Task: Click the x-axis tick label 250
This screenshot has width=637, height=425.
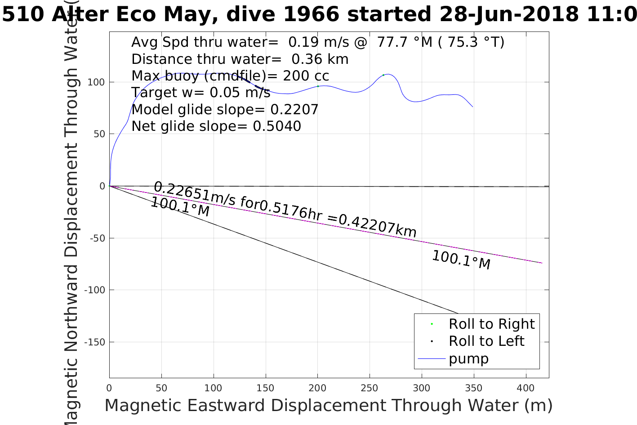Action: click(x=370, y=388)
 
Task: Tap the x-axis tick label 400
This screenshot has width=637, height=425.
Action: click(x=526, y=388)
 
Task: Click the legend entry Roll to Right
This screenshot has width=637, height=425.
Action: click(x=491, y=324)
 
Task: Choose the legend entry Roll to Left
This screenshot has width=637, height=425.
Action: click(x=486, y=341)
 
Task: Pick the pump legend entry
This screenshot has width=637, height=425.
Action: click(x=468, y=359)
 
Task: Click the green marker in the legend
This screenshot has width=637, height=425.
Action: click(x=432, y=324)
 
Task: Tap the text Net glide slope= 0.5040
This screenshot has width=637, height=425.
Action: click(x=216, y=126)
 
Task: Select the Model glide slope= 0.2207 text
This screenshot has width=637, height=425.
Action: click(x=225, y=110)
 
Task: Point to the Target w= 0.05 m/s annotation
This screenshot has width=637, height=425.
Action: click(x=200, y=93)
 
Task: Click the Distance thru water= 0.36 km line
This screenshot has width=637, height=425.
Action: click(x=240, y=59)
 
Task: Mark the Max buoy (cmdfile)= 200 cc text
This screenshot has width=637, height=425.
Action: click(x=230, y=76)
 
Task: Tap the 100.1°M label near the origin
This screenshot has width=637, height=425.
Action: click(x=180, y=207)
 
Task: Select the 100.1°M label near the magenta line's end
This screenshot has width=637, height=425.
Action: click(x=461, y=260)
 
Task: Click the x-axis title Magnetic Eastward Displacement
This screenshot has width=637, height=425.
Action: click(x=328, y=406)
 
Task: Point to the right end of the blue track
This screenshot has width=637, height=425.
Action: click(x=472, y=107)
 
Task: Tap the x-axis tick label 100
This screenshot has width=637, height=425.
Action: click(x=214, y=388)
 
